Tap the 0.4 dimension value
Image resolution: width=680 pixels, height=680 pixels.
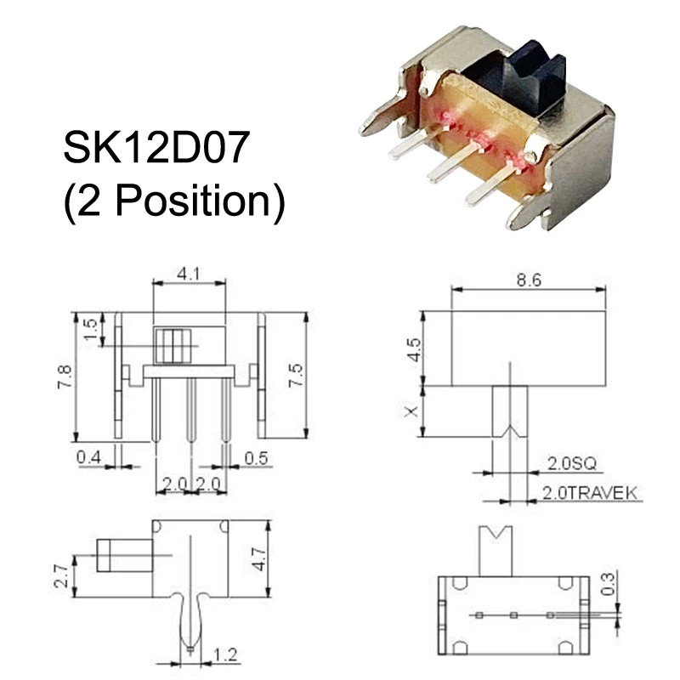pos(89,458)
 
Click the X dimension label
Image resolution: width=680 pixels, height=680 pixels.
pos(413,411)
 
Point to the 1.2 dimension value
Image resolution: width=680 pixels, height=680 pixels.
pos(225,654)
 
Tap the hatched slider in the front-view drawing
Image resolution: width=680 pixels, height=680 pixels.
pos(172,346)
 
